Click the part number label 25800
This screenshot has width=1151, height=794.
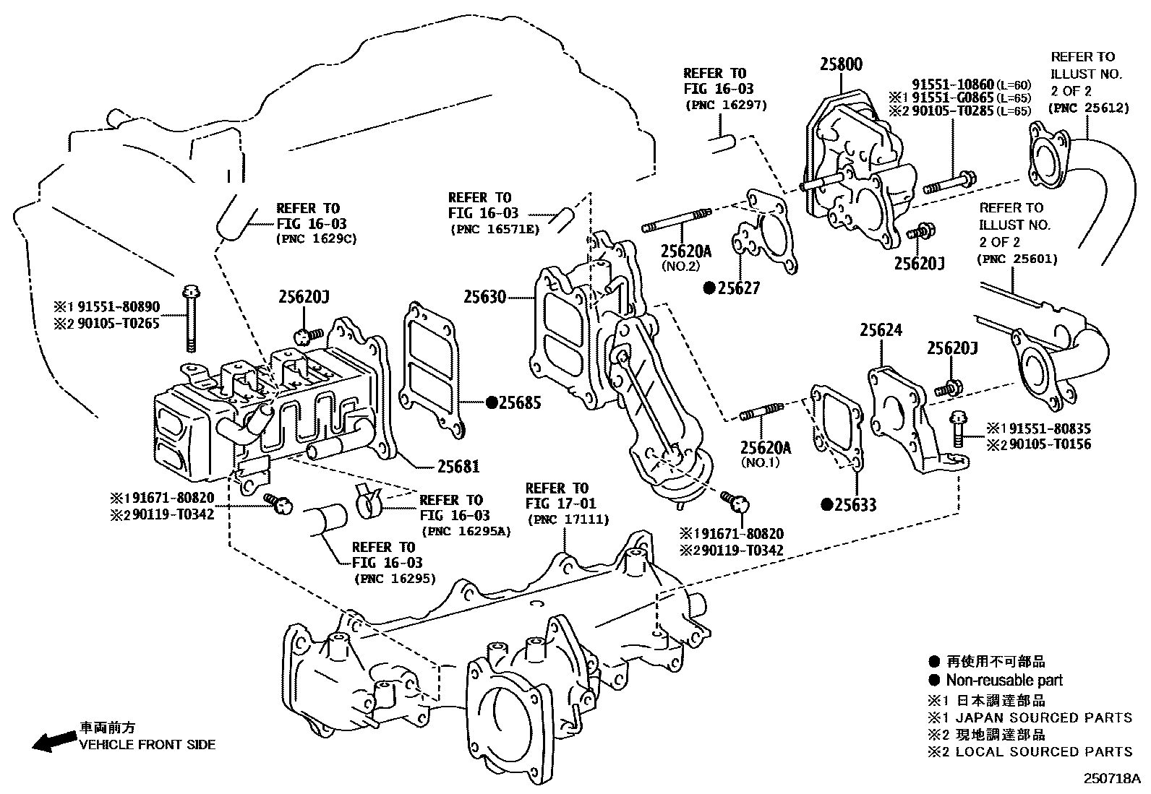(841, 64)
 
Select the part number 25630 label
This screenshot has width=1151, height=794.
(484, 297)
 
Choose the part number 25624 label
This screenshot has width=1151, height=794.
(881, 331)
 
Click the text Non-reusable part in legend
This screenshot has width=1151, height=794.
(1004, 680)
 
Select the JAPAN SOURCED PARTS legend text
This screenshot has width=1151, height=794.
(1043, 717)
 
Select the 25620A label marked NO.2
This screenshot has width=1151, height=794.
(685, 251)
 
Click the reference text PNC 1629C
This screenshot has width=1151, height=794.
(317, 239)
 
